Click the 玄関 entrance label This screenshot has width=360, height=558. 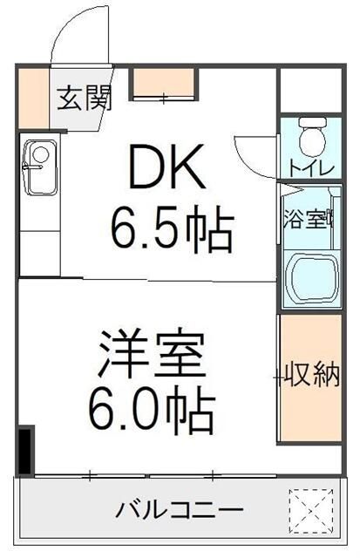click(85, 98)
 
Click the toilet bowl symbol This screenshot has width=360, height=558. click(309, 137)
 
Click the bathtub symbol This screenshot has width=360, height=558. click(310, 279)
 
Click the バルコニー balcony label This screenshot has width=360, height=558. click(180, 510)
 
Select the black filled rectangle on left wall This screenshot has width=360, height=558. click(26, 449)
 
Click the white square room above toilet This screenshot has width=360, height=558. click(309, 90)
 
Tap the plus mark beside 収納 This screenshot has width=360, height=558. click(278, 378)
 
